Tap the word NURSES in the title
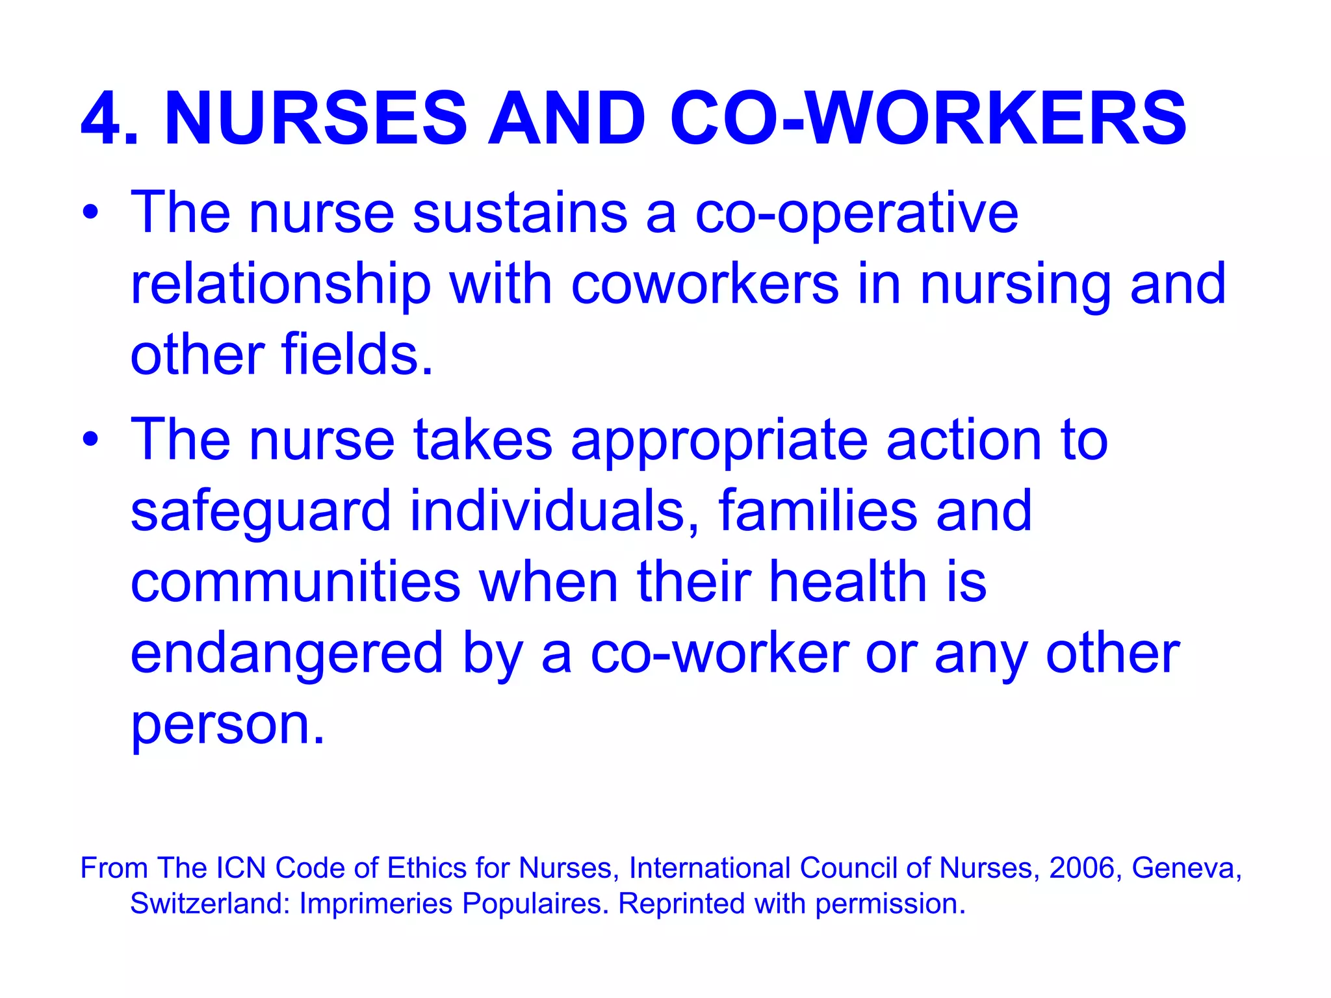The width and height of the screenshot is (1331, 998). point(316,118)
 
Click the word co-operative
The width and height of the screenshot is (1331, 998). point(857,214)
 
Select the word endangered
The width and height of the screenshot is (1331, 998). point(287,655)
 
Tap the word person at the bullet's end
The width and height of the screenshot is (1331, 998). point(227,725)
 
